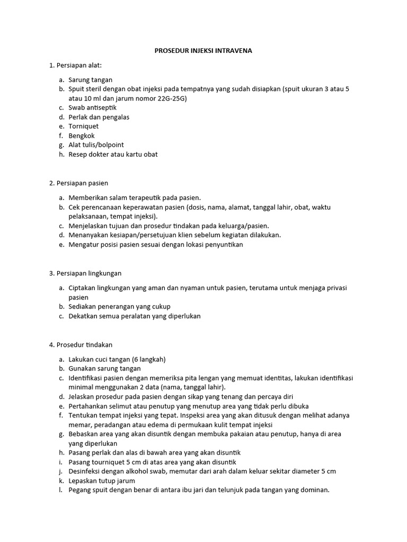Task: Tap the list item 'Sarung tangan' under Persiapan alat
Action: [90, 80]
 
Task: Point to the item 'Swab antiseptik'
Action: [93, 107]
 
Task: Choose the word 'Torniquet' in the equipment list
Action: [83, 127]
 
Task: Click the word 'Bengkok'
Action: [81, 135]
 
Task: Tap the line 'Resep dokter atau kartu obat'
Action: [113, 155]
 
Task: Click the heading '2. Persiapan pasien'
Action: [78, 183]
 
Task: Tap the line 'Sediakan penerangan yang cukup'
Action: [119, 306]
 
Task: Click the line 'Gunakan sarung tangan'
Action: [104, 368]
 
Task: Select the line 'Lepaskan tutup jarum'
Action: [102, 481]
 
